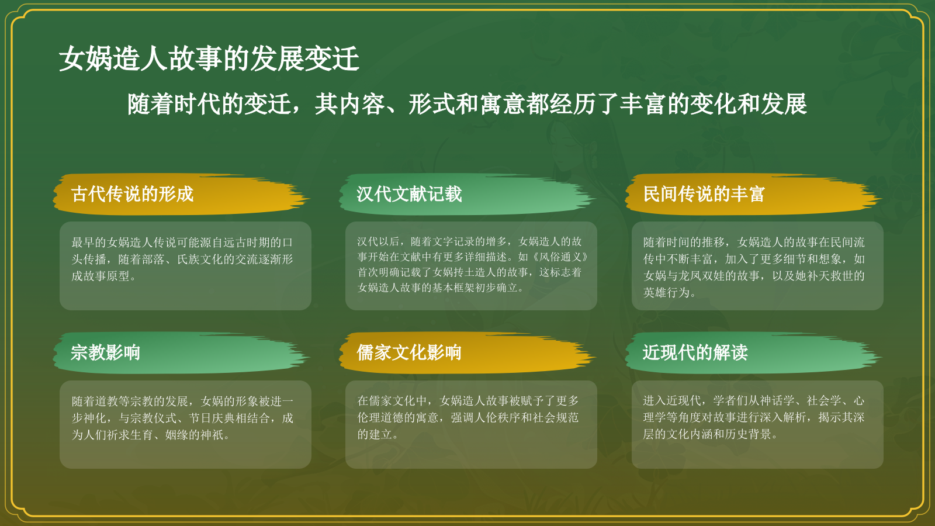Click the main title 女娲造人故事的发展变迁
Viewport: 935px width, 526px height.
click(x=209, y=59)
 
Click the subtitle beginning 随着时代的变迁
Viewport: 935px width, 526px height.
click(x=467, y=105)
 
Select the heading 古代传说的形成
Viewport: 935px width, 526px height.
click(x=132, y=194)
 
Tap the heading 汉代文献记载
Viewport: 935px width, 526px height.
click(x=409, y=194)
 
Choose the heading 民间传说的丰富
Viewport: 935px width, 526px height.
click(x=704, y=194)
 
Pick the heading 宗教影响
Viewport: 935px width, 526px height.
click(x=105, y=352)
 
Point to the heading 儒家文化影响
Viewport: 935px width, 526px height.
click(x=409, y=352)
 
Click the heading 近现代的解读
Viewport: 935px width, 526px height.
click(x=695, y=352)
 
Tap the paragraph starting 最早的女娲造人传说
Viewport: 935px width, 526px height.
click(x=182, y=259)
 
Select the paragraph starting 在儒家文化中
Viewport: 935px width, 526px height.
click(x=468, y=417)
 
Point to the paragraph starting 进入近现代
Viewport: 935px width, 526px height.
click(x=753, y=417)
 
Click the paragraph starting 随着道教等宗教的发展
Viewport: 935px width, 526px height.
click(x=182, y=418)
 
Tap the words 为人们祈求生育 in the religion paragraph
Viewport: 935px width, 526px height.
click(x=112, y=435)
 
